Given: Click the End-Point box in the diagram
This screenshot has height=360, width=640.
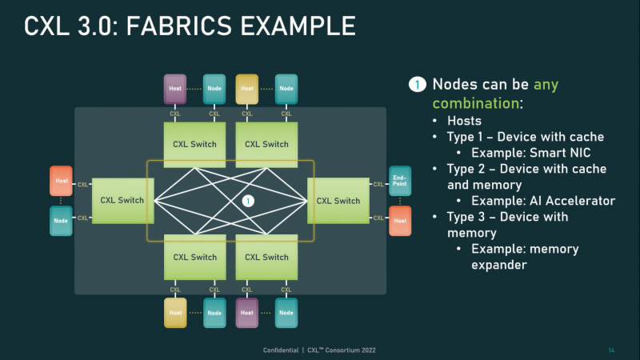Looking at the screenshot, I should pos(399,180).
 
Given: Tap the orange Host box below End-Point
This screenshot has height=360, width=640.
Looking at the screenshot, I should pos(399,220).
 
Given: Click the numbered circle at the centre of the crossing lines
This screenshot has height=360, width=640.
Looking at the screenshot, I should pos(248,201).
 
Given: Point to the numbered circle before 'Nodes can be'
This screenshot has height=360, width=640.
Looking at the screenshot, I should pos(418,84).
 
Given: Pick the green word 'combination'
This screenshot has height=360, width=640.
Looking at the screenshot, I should pos(475,103).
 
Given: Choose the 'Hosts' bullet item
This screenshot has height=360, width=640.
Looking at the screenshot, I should pos(466,120).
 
